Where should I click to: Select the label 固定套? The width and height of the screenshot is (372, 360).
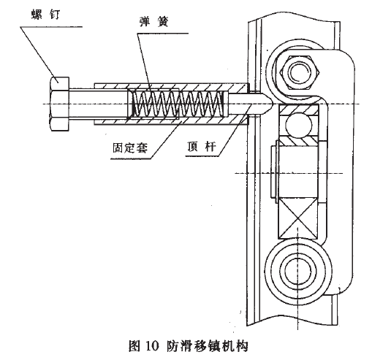(127, 146)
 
